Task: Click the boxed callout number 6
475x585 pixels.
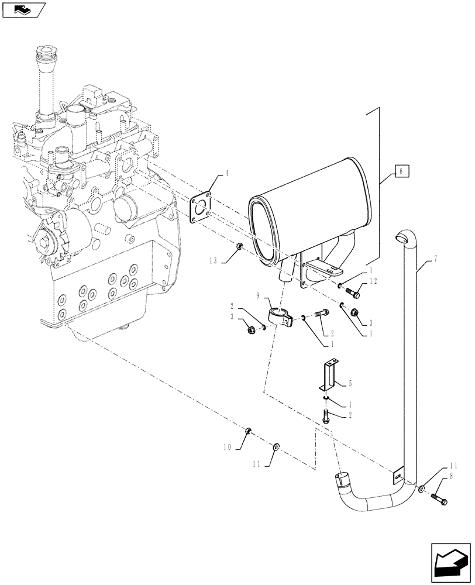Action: tap(401, 171)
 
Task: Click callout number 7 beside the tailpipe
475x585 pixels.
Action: tap(435, 258)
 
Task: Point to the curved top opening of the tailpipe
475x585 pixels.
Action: tap(401, 237)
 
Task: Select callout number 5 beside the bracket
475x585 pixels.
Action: tap(350, 384)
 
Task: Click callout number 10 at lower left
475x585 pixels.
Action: tap(226, 446)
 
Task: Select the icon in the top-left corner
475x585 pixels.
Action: tap(23, 10)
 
